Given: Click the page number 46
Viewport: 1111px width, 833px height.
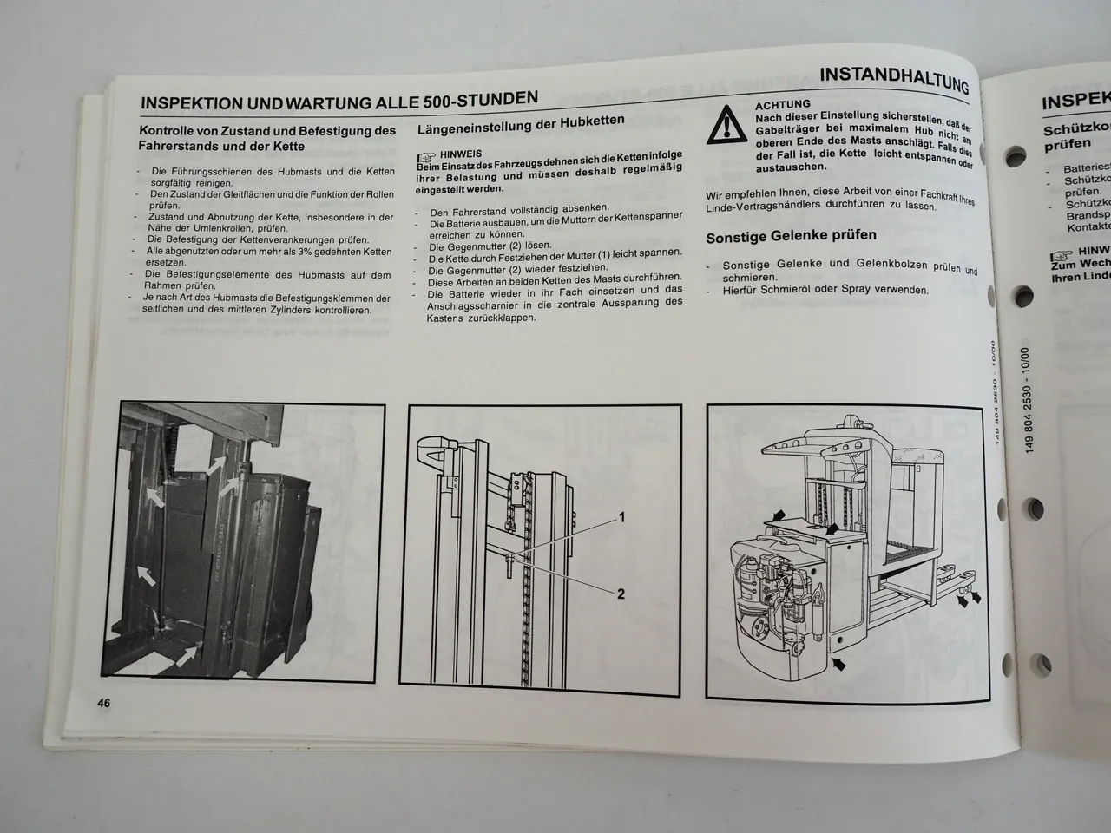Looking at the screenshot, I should coord(102,703).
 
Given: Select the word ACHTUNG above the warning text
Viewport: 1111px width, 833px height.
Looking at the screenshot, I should coord(783,104).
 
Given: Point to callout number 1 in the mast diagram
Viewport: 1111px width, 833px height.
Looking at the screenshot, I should coord(621,517).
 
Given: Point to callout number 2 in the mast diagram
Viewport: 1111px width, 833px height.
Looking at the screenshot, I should coord(621,594).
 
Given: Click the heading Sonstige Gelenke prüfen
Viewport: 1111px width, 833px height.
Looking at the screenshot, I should coord(791,236).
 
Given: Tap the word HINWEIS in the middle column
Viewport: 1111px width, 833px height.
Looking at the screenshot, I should coord(461,154).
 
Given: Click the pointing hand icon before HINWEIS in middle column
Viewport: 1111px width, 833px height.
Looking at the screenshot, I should coord(427,156).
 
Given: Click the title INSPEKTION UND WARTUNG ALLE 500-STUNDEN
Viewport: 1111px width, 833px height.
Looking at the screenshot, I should coord(339,100).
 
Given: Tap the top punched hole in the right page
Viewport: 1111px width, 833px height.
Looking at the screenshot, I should coord(1013,159).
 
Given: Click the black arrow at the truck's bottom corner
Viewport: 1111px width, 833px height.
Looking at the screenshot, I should coord(837,664).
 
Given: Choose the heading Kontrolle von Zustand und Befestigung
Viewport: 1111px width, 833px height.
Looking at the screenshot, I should coord(266,139).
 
